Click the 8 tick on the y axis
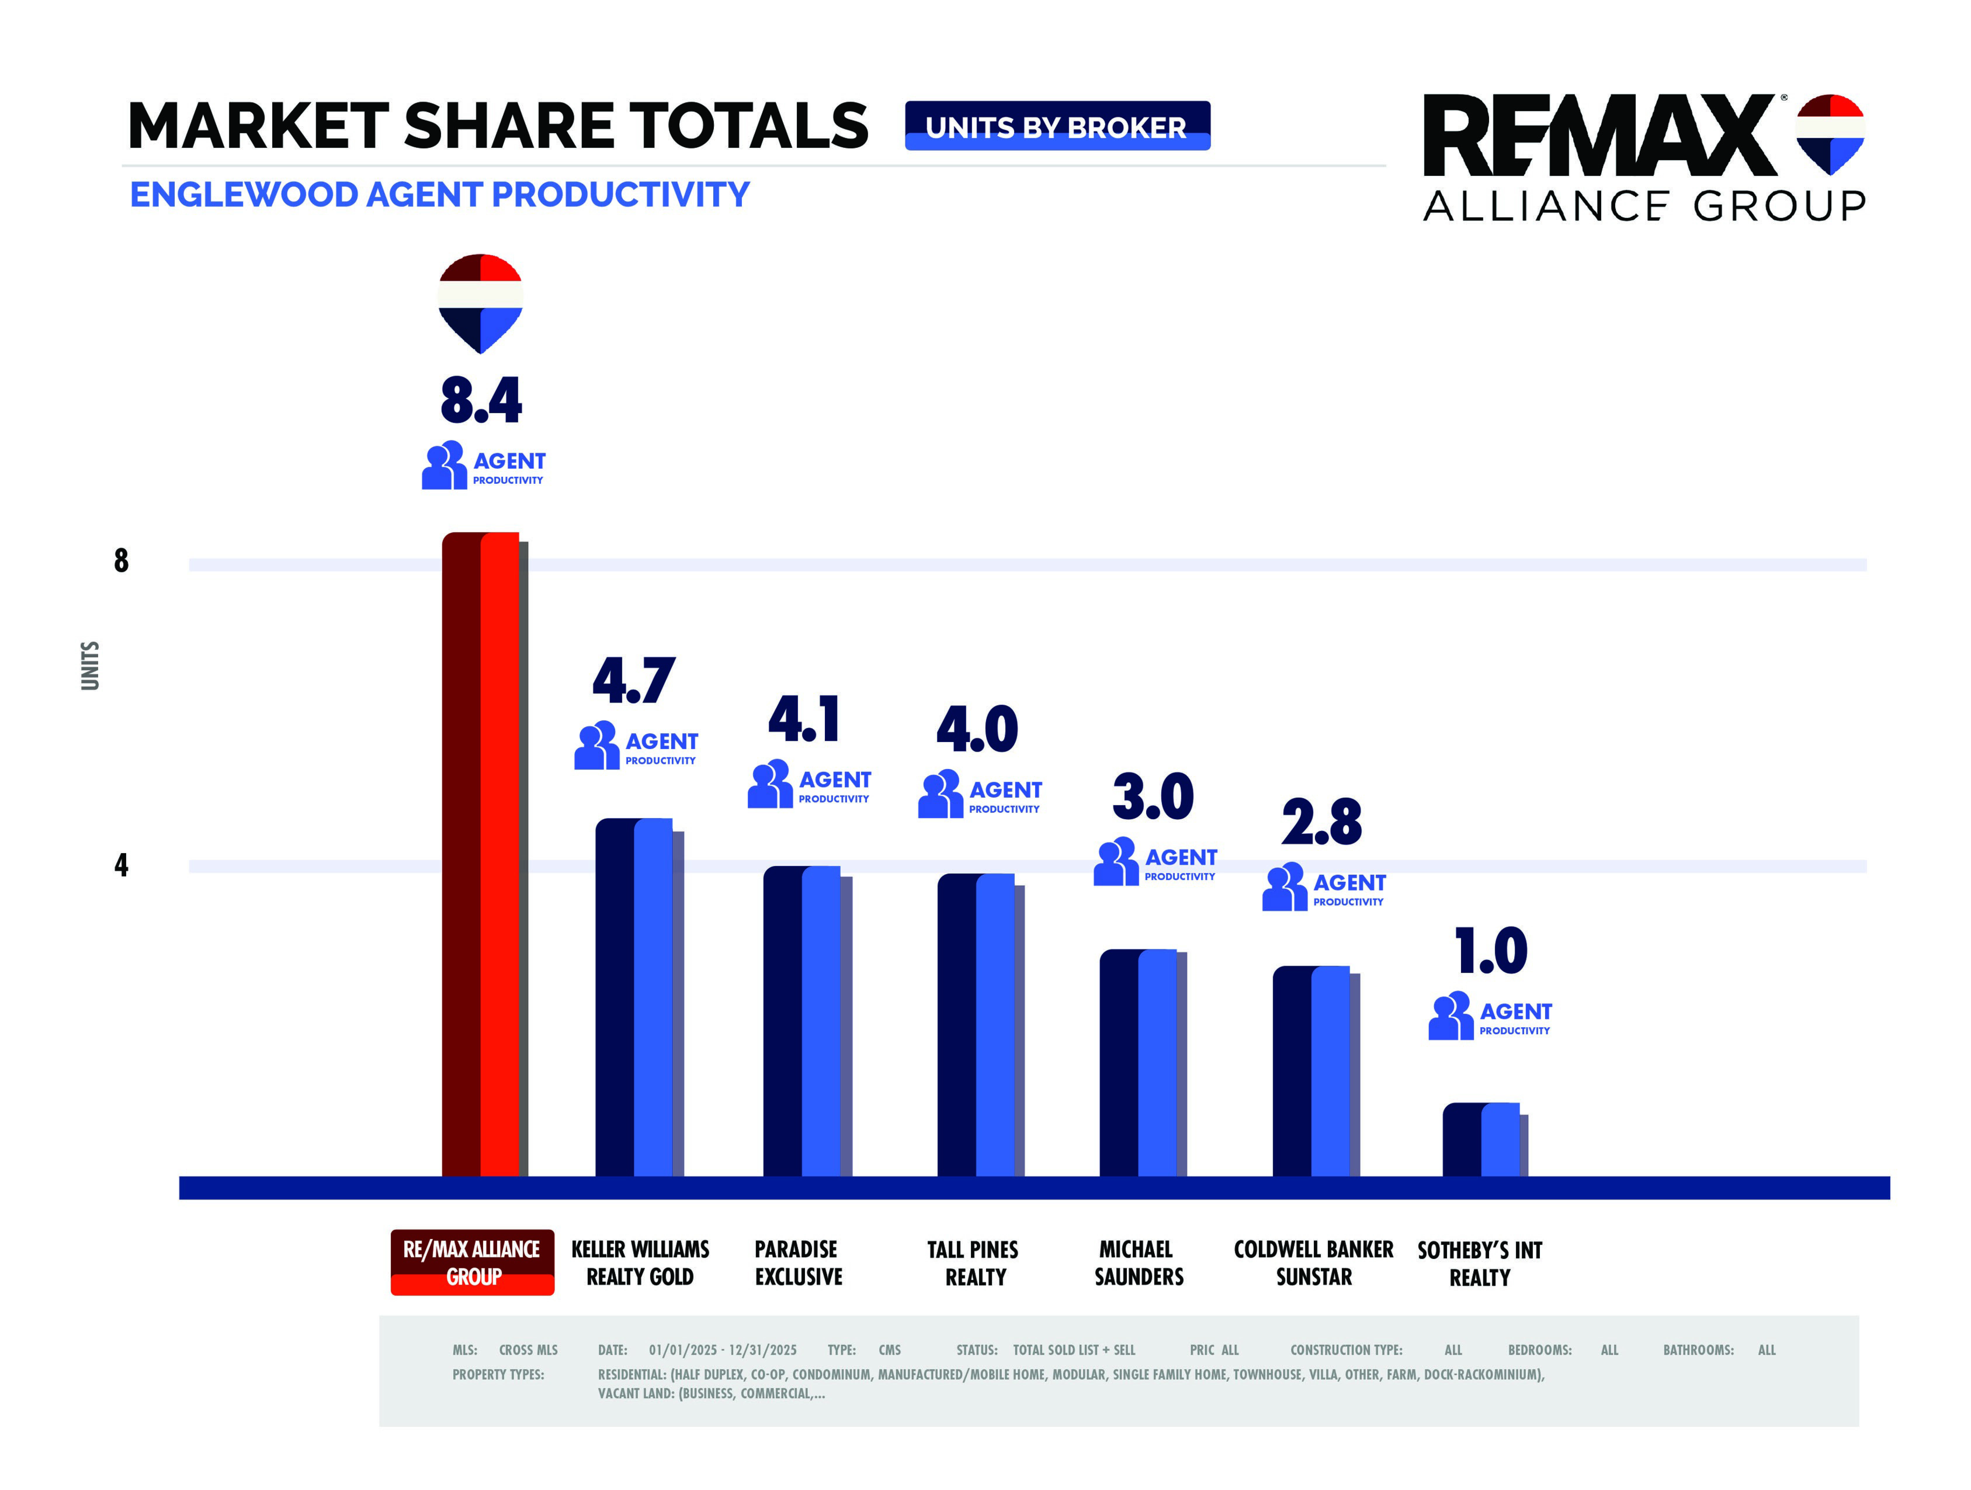(x=121, y=561)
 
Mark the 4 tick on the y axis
(x=121, y=864)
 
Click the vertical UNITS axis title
(x=90, y=666)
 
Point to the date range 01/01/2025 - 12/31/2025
(x=723, y=1350)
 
